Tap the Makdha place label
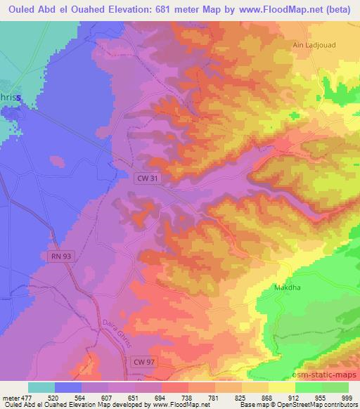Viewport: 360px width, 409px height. point(286,288)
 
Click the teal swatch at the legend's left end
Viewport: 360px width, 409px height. point(41,387)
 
